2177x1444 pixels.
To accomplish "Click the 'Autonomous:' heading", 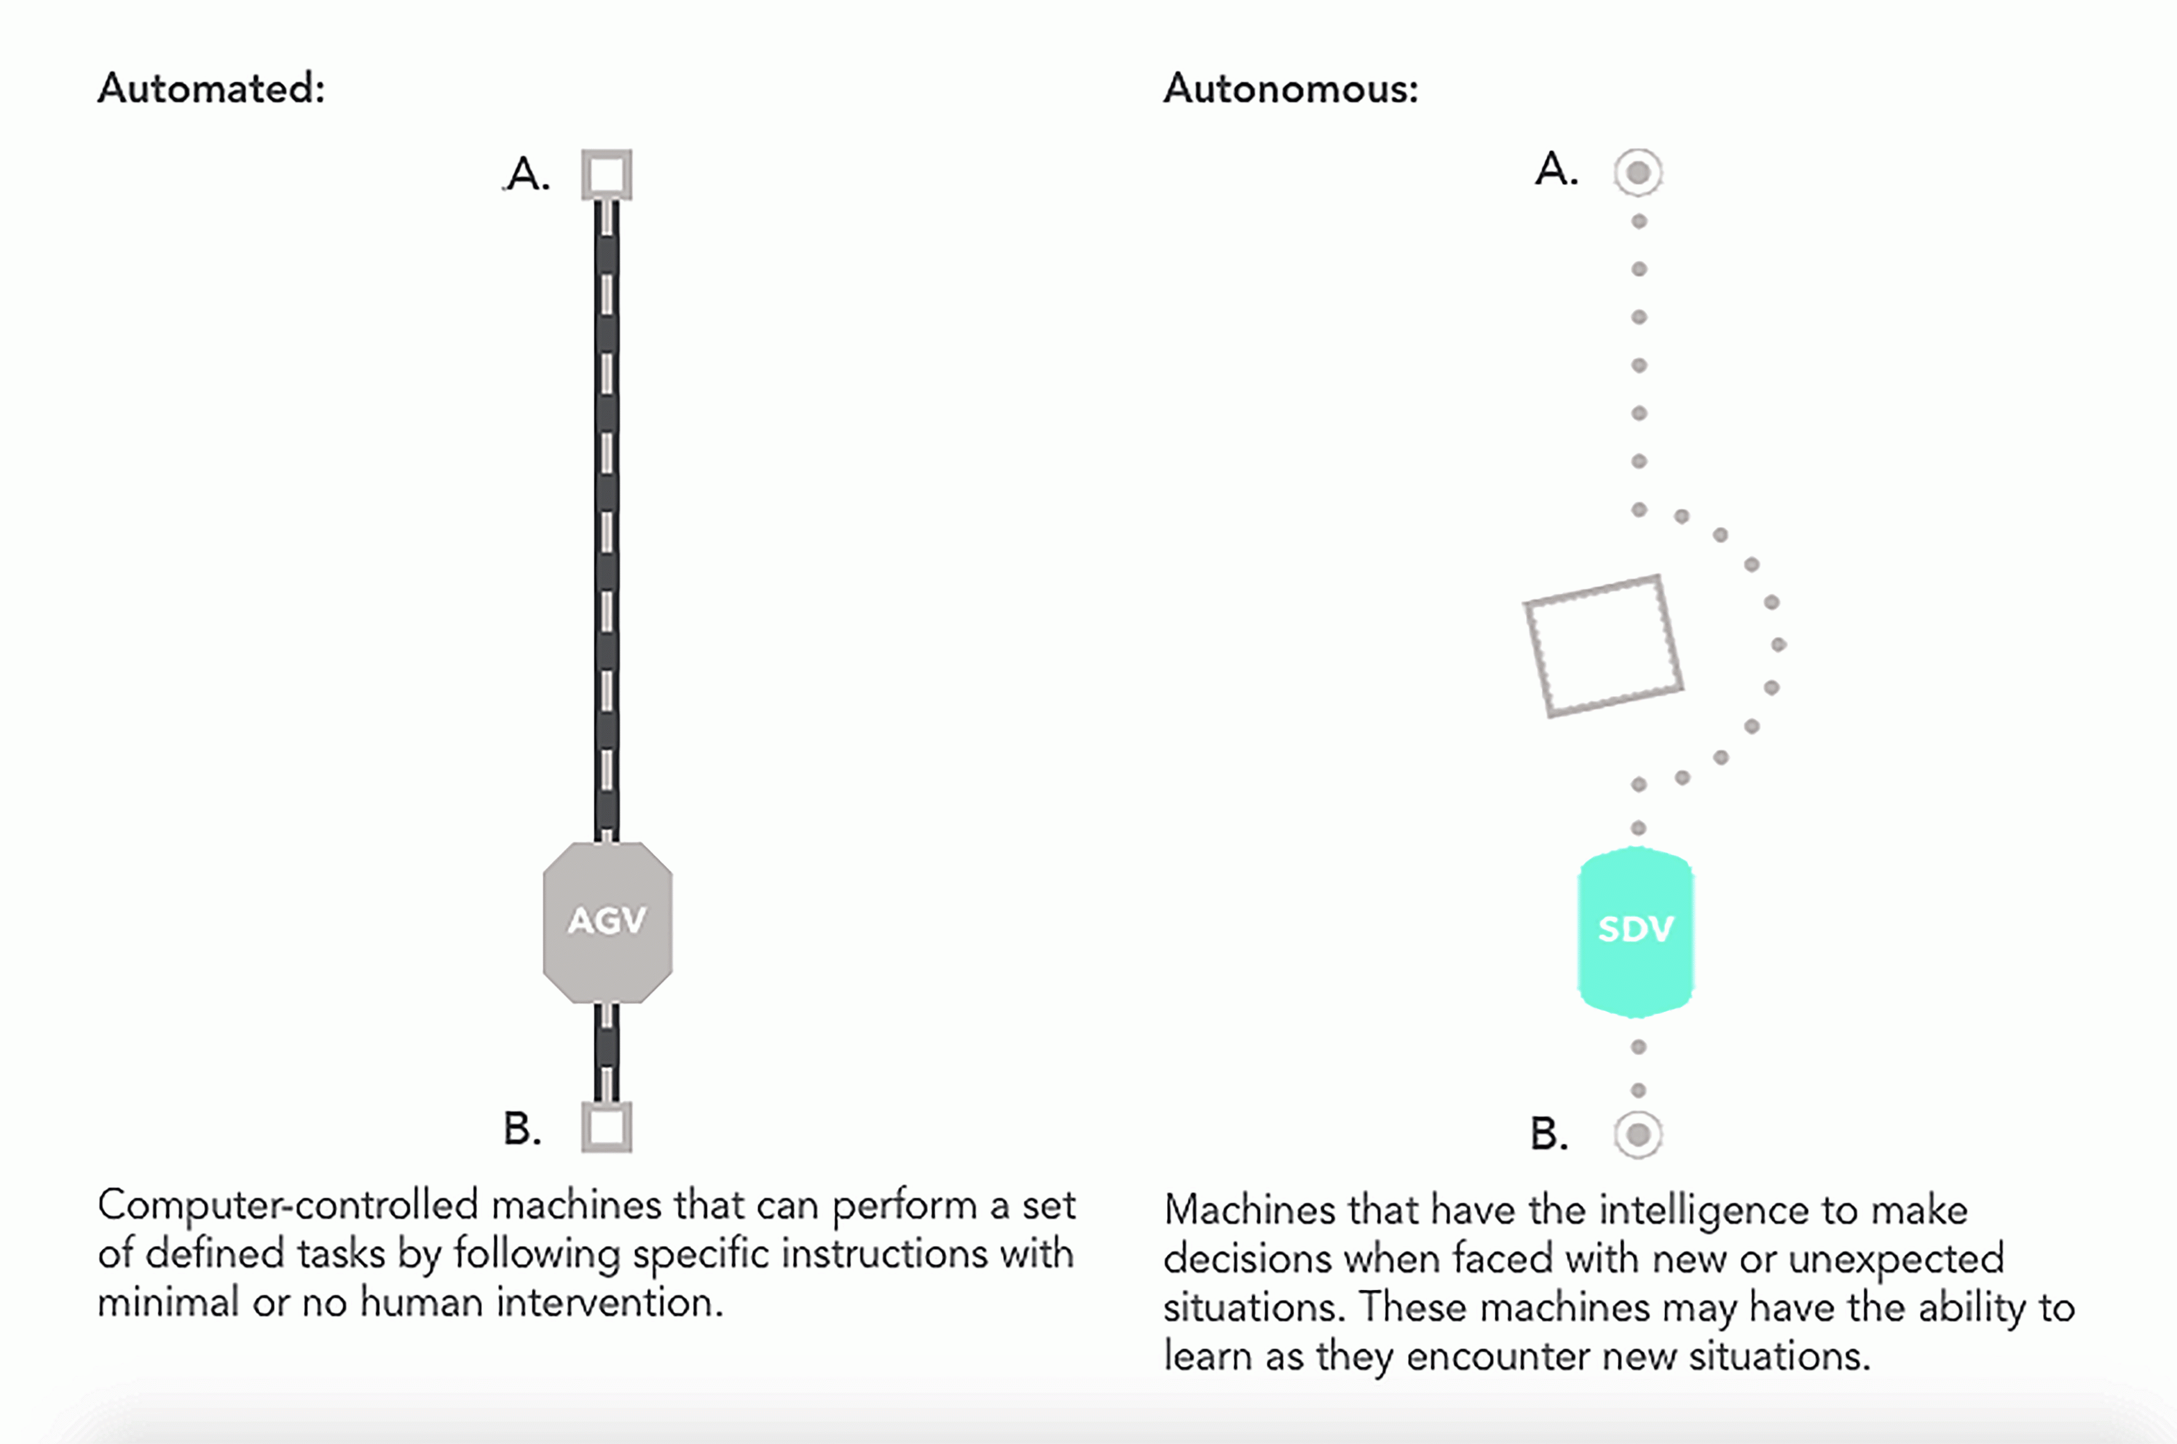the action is [x=1290, y=88].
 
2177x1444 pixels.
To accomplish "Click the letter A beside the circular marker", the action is [x=1556, y=170].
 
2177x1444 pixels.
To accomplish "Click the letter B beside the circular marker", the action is [x=1548, y=1134].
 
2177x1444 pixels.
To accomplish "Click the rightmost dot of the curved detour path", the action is [x=1779, y=645].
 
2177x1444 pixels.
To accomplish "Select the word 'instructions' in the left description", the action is [x=883, y=1254].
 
